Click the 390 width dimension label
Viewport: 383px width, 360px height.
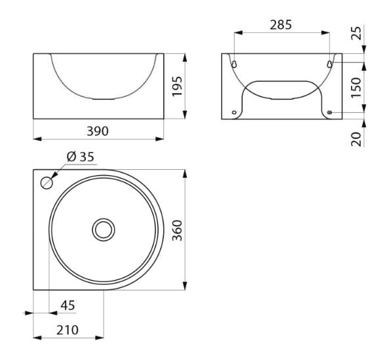pyautogui.click(x=98, y=131)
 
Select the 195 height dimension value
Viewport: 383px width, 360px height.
pyautogui.click(x=177, y=87)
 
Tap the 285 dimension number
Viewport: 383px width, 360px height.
pyautogui.click(x=281, y=25)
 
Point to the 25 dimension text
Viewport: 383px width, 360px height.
pyautogui.click(x=356, y=33)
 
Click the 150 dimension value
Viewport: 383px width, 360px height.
pyautogui.click(x=356, y=88)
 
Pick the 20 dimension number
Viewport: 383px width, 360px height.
pyautogui.click(x=356, y=139)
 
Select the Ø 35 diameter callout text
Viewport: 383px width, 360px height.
pyautogui.click(x=81, y=157)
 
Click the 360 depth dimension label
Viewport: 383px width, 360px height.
pyautogui.click(x=177, y=230)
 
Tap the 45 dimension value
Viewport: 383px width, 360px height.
pyautogui.click(x=68, y=305)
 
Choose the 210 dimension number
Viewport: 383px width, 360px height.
pyautogui.click(x=68, y=330)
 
